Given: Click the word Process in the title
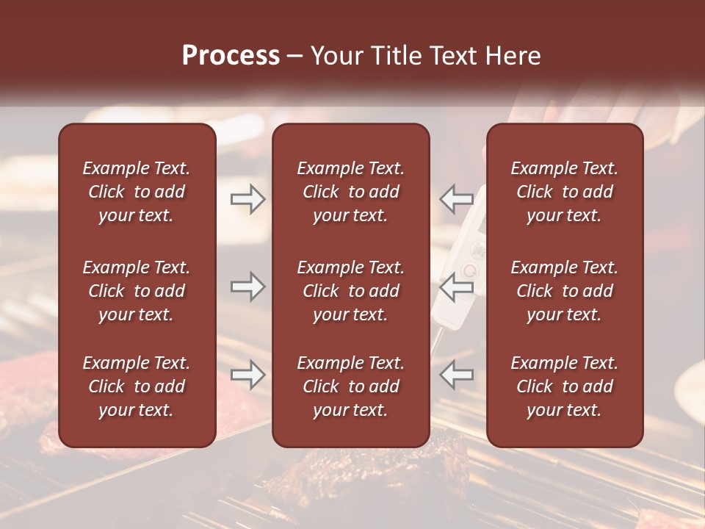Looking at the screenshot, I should (x=231, y=56).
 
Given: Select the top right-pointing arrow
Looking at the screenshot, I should (x=247, y=199).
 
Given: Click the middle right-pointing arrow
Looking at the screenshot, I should (x=247, y=287).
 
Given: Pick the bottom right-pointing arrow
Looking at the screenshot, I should (x=247, y=375).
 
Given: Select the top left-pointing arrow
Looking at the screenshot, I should (x=456, y=199).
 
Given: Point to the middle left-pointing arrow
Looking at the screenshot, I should (x=456, y=287).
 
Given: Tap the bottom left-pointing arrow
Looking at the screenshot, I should (x=456, y=375).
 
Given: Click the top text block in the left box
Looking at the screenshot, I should (x=137, y=192).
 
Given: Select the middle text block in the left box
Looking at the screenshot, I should (x=137, y=291).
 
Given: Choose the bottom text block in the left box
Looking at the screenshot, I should (x=137, y=386).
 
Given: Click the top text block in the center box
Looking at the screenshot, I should (x=350, y=192).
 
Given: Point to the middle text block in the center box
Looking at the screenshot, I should (x=350, y=291).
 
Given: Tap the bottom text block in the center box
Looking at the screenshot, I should (x=350, y=386).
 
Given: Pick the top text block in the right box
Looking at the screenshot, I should (x=565, y=192).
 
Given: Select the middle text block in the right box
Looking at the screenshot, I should (x=565, y=291).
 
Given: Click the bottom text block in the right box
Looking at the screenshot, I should (x=565, y=386).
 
